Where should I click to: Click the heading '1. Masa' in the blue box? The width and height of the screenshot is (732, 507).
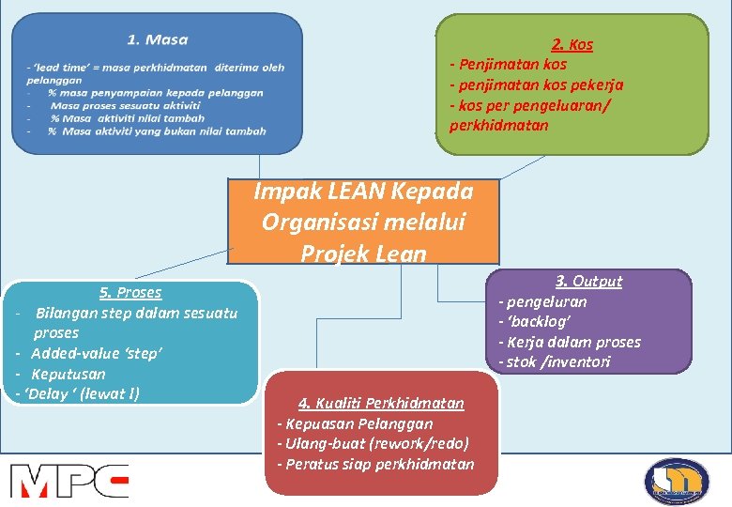[x=158, y=39]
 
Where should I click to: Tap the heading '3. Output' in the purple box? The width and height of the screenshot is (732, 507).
[x=588, y=281]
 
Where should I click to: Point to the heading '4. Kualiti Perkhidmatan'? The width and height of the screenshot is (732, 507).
[x=381, y=403]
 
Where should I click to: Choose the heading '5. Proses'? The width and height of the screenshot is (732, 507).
[x=130, y=292]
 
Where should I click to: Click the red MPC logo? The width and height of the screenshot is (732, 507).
[x=69, y=480]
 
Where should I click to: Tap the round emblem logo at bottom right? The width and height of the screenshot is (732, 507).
[x=677, y=482]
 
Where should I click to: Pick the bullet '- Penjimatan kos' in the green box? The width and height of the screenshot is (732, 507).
[x=509, y=65]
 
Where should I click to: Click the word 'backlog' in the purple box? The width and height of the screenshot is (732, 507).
[x=538, y=322]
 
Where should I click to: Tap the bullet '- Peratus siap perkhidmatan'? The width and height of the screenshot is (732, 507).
[x=375, y=464]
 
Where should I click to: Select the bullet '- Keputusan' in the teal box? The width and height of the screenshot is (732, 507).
[x=62, y=374]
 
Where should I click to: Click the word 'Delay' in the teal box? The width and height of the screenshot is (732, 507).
[x=48, y=393]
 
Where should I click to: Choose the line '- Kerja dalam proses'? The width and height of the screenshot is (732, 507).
[x=570, y=342]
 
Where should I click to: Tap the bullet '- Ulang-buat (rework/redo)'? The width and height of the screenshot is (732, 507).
[x=373, y=443]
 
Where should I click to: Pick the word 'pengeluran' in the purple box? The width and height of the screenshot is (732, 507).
[x=547, y=301]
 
